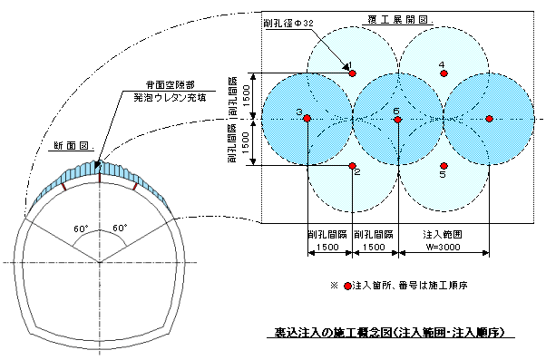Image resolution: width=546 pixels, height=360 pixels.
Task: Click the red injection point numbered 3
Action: [308, 119]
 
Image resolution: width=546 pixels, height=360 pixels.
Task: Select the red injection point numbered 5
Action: [444, 165]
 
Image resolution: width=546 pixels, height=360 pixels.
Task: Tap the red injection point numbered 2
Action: [353, 165]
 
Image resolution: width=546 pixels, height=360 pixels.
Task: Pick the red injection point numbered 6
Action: [398, 119]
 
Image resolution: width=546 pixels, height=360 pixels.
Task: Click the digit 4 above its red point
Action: [442, 64]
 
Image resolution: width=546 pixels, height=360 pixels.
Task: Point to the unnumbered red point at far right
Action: [489, 119]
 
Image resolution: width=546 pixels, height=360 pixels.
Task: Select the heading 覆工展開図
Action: [402, 18]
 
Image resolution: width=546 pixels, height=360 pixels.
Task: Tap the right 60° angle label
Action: [118, 229]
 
